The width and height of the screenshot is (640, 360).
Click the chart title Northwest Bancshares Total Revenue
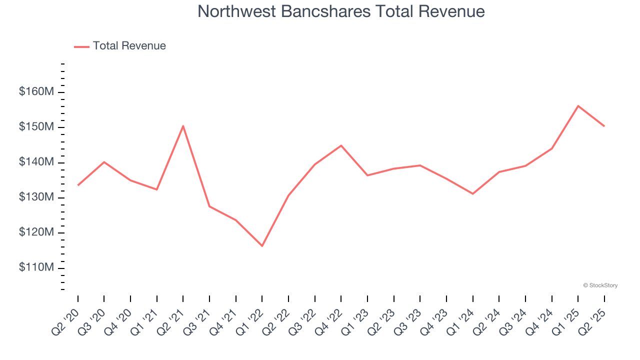(x=341, y=11)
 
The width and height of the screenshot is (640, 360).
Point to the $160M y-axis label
(x=36, y=92)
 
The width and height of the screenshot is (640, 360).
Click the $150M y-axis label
(x=36, y=127)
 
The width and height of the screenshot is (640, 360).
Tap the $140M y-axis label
(x=36, y=162)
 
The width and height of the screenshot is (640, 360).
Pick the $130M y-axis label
(x=36, y=197)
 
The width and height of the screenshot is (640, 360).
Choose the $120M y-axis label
(x=36, y=233)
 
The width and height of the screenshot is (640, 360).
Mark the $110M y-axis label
(x=36, y=268)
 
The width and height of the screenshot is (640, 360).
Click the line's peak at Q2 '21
(x=183, y=126)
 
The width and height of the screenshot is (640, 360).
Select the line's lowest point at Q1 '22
(x=262, y=246)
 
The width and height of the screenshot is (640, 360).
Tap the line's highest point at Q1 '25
(x=578, y=106)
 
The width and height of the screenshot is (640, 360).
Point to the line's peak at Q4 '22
(x=341, y=145)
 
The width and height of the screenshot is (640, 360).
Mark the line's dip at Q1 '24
(x=472, y=194)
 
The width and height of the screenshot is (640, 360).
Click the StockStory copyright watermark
(x=600, y=285)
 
